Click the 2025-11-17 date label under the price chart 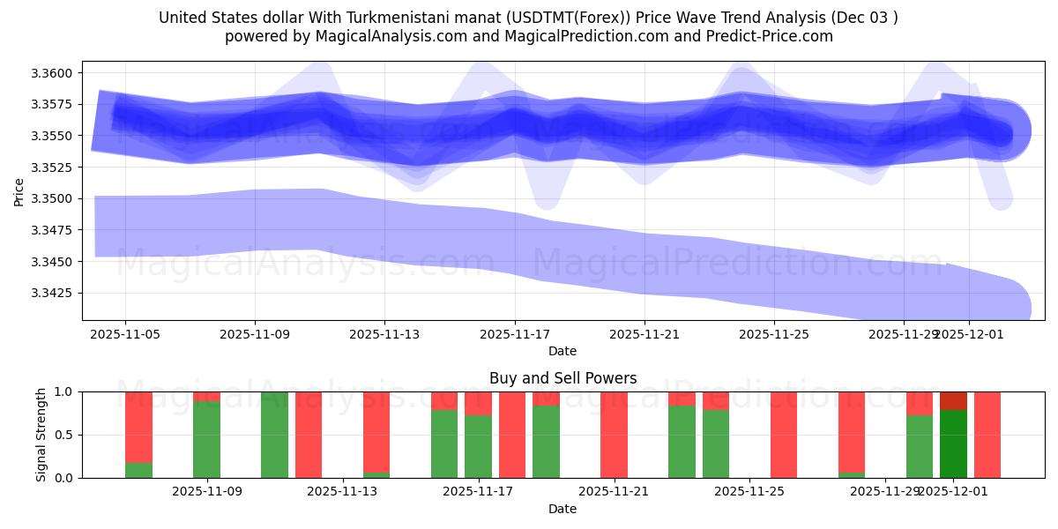515,334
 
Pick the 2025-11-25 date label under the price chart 774,334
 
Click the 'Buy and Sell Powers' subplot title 563,378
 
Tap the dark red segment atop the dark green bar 953,400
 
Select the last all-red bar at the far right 987,434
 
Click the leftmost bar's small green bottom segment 138,470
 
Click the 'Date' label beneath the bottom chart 563,509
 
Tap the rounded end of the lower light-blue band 1014,309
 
